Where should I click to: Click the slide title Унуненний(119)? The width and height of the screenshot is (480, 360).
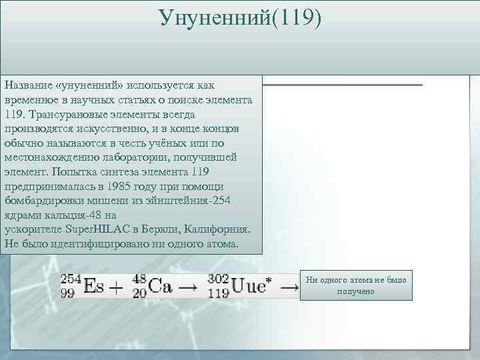click(x=240, y=18)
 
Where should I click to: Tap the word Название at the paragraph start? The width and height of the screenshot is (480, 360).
click(x=29, y=85)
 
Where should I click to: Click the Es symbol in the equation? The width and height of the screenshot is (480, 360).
click(x=93, y=286)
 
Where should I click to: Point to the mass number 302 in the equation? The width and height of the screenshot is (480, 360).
click(x=218, y=278)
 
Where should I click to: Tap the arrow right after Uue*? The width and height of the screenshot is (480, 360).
click(x=289, y=287)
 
